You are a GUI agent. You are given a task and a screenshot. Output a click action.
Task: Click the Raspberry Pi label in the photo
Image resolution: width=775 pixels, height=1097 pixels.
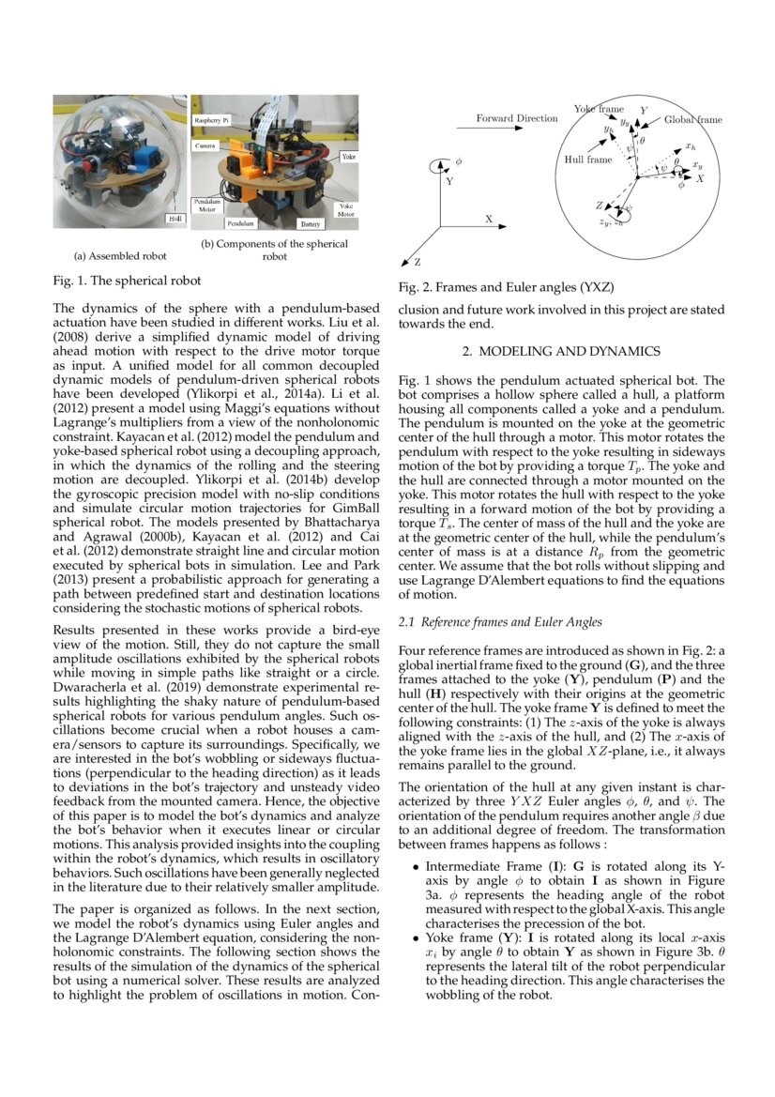tap(212, 122)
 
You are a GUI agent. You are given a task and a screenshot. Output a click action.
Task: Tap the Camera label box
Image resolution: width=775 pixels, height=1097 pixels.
tap(205, 147)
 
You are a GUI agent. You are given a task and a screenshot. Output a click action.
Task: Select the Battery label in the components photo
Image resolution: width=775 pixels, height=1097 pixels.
tap(311, 225)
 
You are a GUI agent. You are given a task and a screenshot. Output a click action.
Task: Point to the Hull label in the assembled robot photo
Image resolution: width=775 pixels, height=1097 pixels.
tap(175, 218)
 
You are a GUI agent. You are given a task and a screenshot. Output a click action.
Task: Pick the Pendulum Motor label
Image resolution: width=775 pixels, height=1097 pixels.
tap(206, 206)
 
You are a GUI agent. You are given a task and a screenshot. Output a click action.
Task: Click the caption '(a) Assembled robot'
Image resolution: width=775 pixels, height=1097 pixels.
tap(120, 255)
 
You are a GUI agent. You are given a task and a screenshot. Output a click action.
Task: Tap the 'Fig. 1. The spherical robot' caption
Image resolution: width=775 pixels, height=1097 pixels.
tap(127, 280)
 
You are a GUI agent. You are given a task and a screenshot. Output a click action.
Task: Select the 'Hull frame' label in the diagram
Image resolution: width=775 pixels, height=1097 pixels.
tap(587, 160)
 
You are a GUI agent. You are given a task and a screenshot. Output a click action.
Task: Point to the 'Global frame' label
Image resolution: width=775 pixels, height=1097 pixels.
tap(693, 120)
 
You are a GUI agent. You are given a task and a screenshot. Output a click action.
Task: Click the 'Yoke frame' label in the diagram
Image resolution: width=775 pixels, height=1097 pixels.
tap(599, 110)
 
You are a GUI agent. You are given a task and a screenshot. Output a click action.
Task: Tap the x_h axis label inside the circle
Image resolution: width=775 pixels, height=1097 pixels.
tap(690, 146)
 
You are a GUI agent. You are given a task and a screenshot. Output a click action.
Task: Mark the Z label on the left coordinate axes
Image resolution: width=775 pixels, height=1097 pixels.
tap(417, 262)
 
